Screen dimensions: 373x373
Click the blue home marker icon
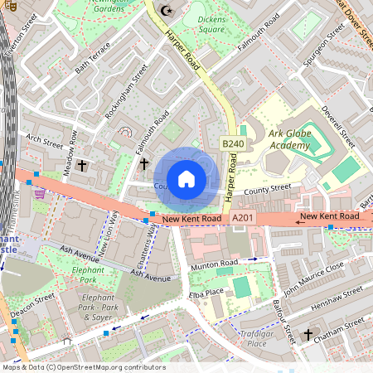[186, 178]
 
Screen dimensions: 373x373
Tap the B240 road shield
[233, 144]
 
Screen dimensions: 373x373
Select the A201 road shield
[241, 217]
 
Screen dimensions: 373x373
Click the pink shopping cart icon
[40, 193]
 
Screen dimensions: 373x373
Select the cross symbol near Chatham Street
[308, 334]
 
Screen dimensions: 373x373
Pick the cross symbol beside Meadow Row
[82, 166]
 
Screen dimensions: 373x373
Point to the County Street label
[269, 189]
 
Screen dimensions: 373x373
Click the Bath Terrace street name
[92, 60]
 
